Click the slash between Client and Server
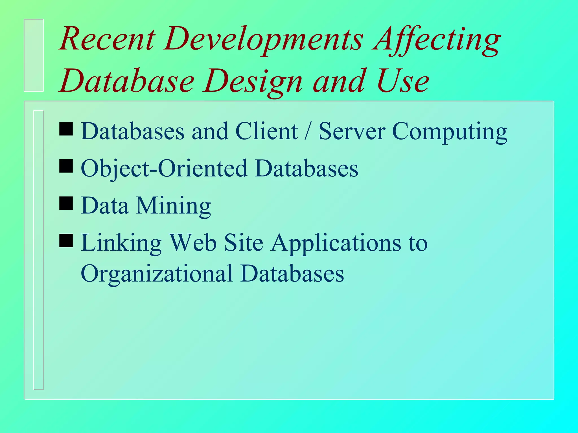click(x=308, y=131)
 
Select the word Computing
click(x=450, y=132)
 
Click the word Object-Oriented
click(x=164, y=169)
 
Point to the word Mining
click(x=173, y=206)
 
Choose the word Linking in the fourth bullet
click(x=121, y=243)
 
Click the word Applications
click(x=336, y=243)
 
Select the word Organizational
click(x=157, y=274)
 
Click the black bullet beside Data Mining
click(x=66, y=203)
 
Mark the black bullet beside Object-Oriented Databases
click(x=66, y=166)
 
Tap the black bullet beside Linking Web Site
click(x=66, y=240)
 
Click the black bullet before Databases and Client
click(x=66, y=129)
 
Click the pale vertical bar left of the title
click(x=34, y=55)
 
